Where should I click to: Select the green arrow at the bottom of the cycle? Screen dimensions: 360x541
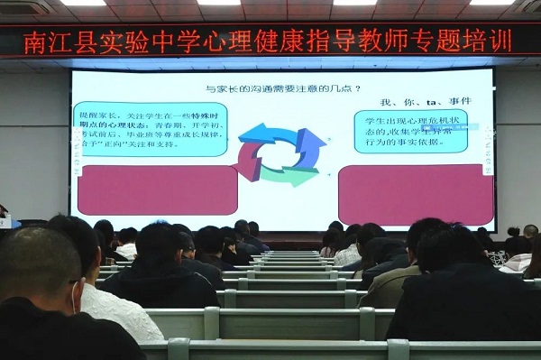[287, 175]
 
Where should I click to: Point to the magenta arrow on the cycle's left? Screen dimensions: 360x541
[247, 160]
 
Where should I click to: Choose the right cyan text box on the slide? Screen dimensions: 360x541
[410, 131]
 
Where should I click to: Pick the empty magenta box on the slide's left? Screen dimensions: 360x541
[158, 189]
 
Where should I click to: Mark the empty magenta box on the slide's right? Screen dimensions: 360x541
[416, 193]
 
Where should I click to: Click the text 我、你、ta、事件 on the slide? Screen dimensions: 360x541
[416, 101]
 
